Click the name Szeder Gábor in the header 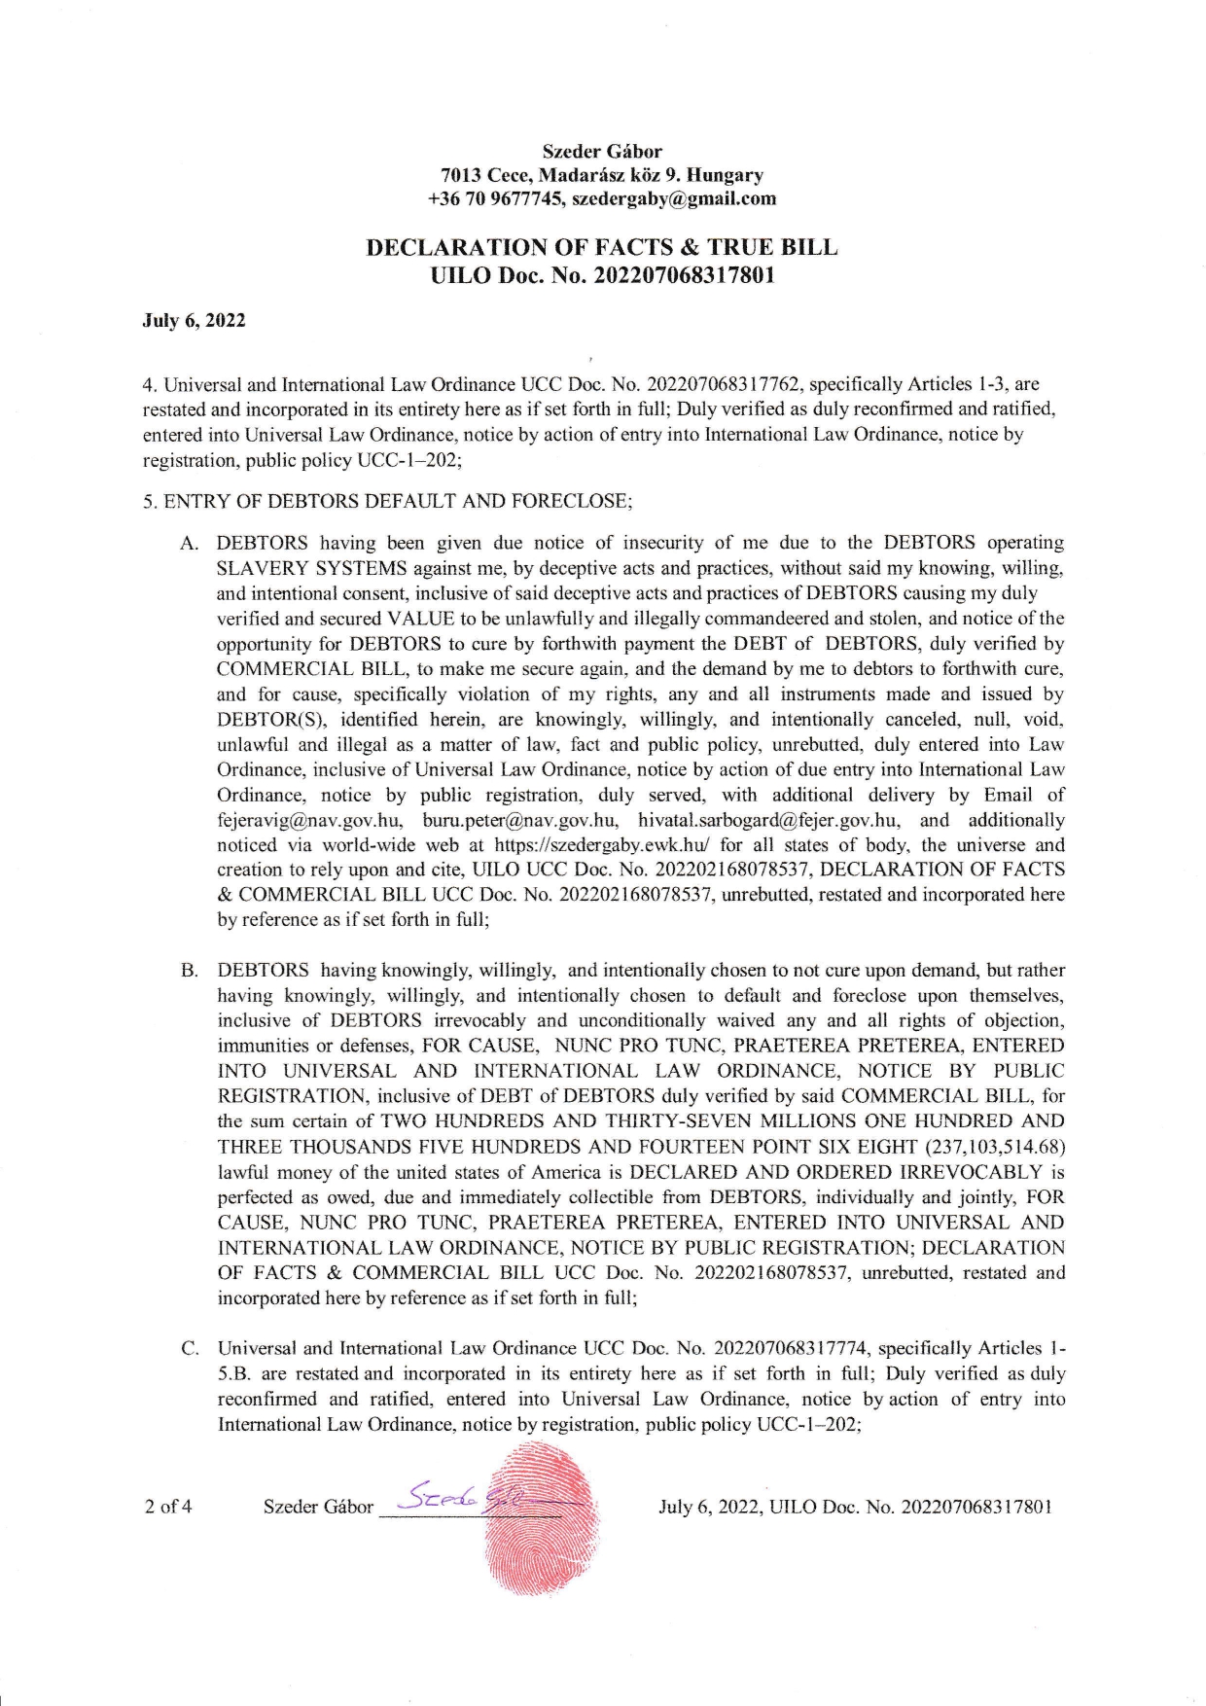click(602, 152)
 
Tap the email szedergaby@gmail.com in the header click(674, 198)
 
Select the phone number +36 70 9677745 click(495, 198)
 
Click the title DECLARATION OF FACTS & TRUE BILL click(602, 247)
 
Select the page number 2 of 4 click(168, 1507)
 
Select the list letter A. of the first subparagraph click(190, 543)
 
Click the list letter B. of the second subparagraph click(190, 971)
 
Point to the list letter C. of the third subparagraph click(190, 1349)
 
